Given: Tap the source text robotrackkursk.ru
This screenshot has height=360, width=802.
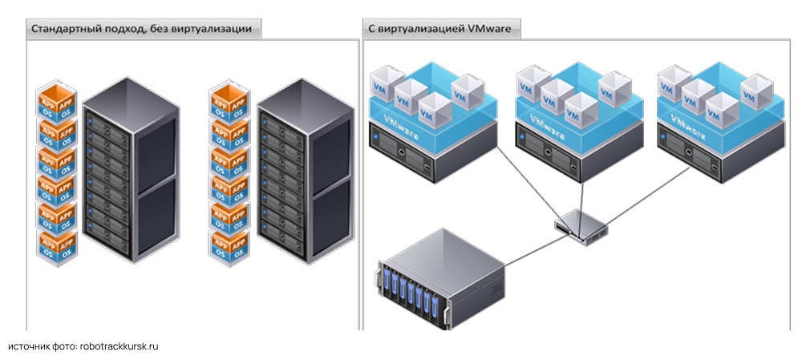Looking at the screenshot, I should pos(119,346).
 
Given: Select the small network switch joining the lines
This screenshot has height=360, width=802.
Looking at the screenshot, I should pos(581,225).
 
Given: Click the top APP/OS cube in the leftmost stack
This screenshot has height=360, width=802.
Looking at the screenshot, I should pos(57,100).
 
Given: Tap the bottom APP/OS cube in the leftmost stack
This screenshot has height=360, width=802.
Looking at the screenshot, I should pos(57,245).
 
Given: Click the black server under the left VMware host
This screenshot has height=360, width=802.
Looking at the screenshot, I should pos(416,152).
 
